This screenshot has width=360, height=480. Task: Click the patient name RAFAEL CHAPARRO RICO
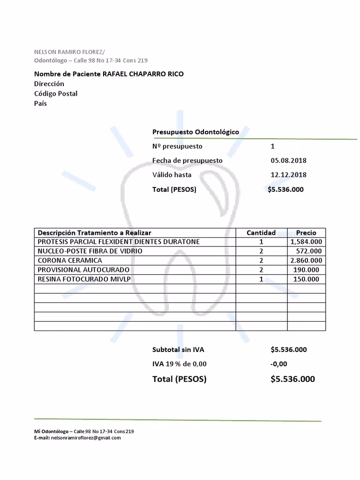tap(143, 74)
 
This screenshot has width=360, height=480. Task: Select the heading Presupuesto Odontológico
tap(195, 132)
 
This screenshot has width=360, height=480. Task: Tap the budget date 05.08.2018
tap(288, 160)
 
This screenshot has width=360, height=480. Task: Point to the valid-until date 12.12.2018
tap(288, 175)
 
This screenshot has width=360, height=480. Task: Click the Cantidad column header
tap(261, 232)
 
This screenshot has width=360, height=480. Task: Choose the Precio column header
tap(306, 232)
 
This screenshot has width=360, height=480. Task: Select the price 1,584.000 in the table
tap(306, 242)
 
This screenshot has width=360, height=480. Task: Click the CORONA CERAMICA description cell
tap(70, 261)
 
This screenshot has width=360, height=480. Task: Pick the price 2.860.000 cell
tap(306, 261)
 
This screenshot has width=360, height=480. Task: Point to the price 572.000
tap(308, 251)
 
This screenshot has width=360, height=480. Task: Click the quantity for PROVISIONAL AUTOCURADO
tap(261, 270)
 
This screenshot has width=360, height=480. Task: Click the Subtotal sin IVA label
tap(178, 350)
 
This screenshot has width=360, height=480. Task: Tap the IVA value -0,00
tap(278, 364)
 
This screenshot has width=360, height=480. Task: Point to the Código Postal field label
tap(56, 94)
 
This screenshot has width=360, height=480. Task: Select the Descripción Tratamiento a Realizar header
tap(94, 232)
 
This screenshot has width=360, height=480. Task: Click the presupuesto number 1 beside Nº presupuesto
tap(273, 146)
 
